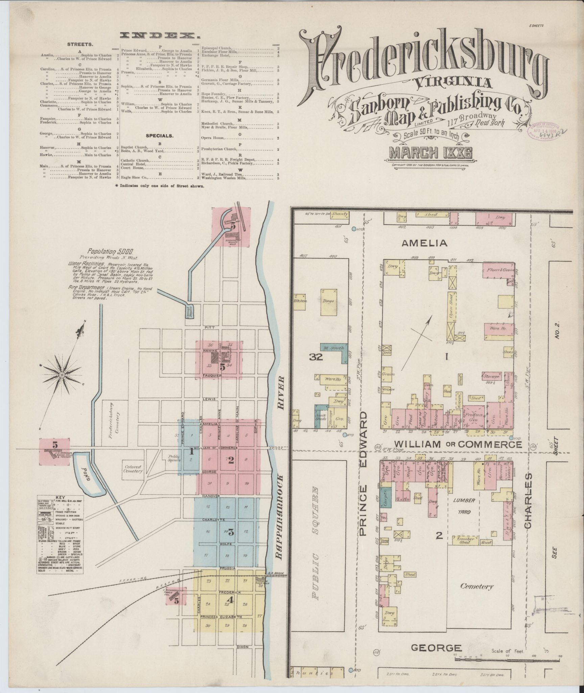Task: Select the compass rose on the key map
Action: pyautogui.click(x=63, y=375)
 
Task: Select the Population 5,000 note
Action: pyautogui.click(x=111, y=251)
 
